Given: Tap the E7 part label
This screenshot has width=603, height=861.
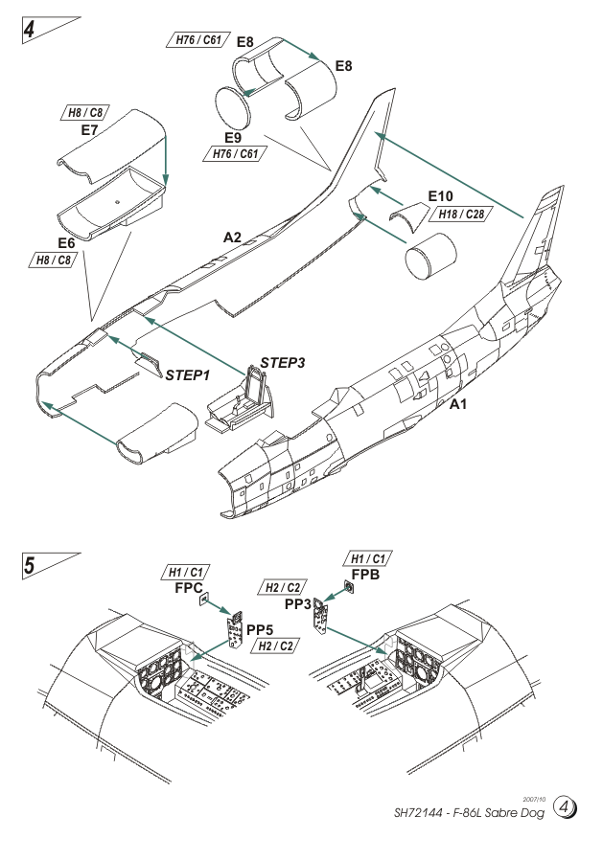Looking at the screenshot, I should point(90,129).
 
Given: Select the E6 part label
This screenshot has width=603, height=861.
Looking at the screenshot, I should point(67,243).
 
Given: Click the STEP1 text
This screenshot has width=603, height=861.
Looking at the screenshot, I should point(187,374).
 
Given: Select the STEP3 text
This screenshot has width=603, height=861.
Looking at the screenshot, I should point(282,365).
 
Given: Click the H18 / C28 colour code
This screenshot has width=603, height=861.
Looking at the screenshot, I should point(460,213).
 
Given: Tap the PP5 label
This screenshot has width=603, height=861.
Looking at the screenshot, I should point(261,629).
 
